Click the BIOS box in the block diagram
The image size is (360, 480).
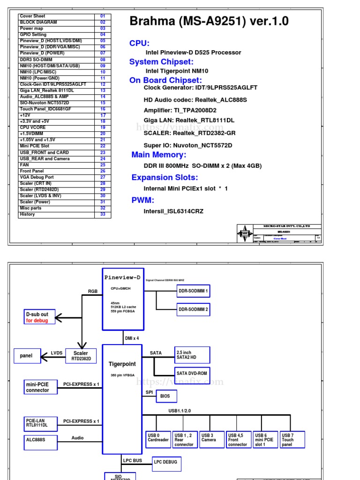pyautogui.click(x=166, y=396)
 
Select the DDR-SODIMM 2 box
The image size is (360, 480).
pyautogui.click(x=193, y=309)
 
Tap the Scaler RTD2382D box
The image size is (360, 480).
pyautogui.click(x=81, y=356)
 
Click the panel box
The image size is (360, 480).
pyautogui.click(x=27, y=356)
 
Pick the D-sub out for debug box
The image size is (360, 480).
pyautogui.click(x=40, y=317)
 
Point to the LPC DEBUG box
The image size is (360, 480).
pyautogui.click(x=166, y=462)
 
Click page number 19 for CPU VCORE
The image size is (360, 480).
pyautogui.click(x=103, y=127)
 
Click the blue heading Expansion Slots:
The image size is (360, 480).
pyautogui.click(x=165, y=177)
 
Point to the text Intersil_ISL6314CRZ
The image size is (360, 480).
pyautogui.click(x=173, y=211)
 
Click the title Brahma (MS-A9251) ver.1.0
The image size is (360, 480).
pyautogui.click(x=209, y=21)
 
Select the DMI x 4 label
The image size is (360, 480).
pyautogui.click(x=132, y=338)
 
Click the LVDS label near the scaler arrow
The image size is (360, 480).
pyautogui.click(x=57, y=353)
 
